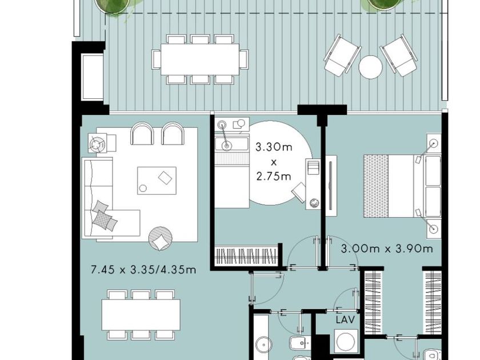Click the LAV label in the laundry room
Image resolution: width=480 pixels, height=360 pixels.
(x=345, y=320)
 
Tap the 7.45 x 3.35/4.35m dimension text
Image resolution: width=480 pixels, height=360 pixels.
(x=143, y=270)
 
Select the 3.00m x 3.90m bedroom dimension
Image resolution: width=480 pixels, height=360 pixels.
(x=387, y=249)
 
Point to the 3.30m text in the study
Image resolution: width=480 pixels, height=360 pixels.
(x=274, y=147)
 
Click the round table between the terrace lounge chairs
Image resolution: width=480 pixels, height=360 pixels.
(x=370, y=67)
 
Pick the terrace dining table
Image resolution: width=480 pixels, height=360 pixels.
(x=200, y=59)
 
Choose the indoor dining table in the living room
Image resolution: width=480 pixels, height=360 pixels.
(x=141, y=315)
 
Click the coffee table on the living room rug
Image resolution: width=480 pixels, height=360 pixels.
(x=157, y=181)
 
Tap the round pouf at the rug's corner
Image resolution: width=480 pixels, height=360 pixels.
(x=160, y=238)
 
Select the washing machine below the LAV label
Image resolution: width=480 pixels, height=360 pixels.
(x=346, y=341)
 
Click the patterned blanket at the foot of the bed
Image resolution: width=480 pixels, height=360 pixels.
(x=376, y=186)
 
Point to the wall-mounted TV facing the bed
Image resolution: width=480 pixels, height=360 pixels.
(x=331, y=183)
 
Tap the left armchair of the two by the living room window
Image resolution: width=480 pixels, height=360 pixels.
(x=142, y=134)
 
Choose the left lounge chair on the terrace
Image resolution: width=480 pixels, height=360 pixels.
(x=342, y=56)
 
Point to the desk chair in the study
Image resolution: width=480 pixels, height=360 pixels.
(x=299, y=192)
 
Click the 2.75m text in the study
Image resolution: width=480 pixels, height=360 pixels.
(x=274, y=177)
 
